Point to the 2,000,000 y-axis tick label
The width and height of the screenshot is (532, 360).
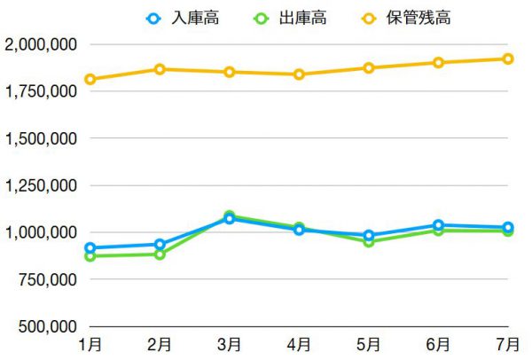coord(41,44)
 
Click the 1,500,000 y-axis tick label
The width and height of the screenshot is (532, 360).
coord(41,138)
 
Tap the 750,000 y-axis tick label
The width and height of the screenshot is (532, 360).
coord(46,279)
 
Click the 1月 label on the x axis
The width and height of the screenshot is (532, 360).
coord(90,344)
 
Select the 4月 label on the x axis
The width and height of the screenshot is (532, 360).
coord(299,344)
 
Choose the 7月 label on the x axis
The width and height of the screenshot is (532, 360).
coord(508,344)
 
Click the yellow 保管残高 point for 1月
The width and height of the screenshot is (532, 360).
coord(90,79)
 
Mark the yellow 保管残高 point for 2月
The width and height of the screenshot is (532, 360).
coord(160,69)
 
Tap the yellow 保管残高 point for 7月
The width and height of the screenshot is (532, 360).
coord(508,59)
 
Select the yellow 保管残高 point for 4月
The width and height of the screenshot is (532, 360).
coord(299,74)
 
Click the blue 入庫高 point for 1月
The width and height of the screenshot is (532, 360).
coord(90,248)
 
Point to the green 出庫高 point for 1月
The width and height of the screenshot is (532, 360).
coord(90,256)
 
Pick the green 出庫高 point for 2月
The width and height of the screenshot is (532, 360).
coord(160,254)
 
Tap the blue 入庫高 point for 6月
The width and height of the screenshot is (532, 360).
coord(439,225)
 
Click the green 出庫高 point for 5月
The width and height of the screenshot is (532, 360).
coord(369,241)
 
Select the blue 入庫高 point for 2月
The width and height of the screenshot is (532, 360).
coord(160,245)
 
